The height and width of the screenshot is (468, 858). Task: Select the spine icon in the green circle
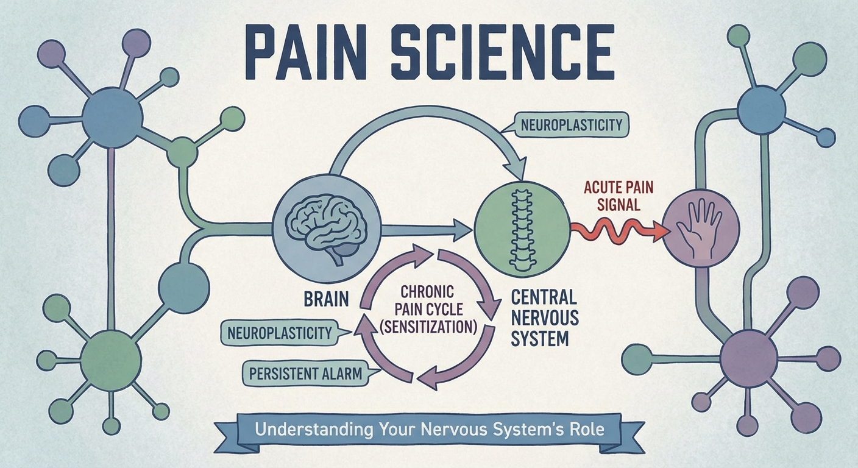(520, 228)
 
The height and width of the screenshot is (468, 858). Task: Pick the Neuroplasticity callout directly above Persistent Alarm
(280, 333)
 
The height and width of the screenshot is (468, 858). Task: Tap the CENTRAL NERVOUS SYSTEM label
(544, 317)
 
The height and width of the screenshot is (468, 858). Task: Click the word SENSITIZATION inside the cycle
(427, 327)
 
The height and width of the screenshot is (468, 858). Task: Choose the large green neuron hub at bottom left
(110, 360)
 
